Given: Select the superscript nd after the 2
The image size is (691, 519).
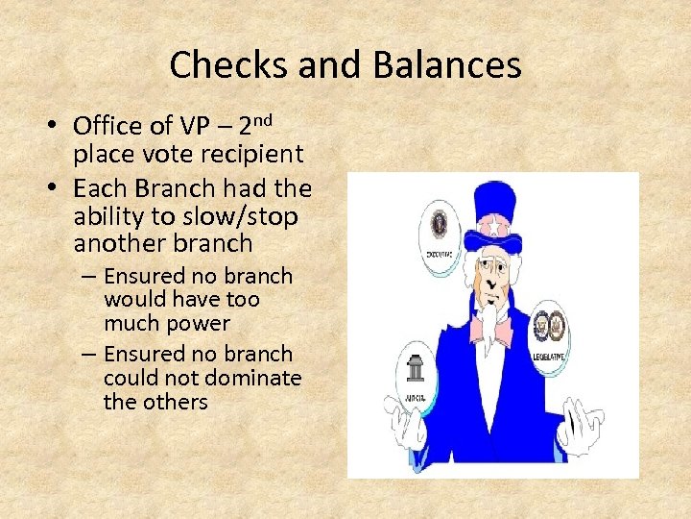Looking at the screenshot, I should tap(264, 119).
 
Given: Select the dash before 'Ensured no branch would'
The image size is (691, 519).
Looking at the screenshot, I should tap(88, 277).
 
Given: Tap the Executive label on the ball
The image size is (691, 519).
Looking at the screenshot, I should tap(441, 255).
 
